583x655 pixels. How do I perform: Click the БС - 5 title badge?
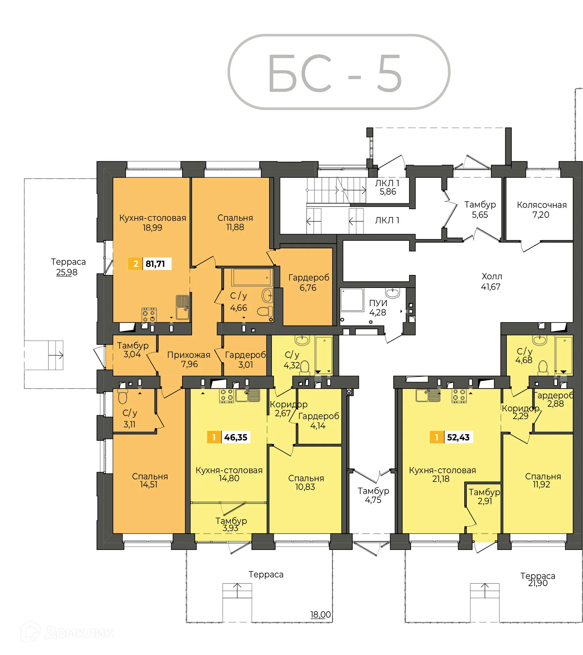point(338,72)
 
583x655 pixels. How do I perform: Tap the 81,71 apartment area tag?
point(150,264)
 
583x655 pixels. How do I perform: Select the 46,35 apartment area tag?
point(229,437)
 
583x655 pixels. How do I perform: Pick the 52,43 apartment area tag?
point(451,437)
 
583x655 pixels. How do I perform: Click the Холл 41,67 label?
point(491,281)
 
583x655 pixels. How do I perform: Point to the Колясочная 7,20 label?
point(541,209)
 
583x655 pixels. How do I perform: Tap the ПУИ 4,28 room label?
point(378,307)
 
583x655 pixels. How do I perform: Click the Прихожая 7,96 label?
point(189,359)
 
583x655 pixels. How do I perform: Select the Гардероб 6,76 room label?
point(308,282)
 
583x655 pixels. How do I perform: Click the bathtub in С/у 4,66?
point(252,277)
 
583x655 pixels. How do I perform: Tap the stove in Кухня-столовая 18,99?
point(149,315)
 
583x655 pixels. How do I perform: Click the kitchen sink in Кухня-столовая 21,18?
point(428,395)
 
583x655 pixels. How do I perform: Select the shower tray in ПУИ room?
point(352,300)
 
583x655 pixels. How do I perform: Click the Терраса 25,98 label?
point(68,267)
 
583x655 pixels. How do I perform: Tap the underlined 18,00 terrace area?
point(320,614)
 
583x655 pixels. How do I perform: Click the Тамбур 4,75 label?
point(373,495)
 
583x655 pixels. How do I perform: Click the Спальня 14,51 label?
point(150,480)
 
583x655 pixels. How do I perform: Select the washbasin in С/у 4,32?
point(302,340)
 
